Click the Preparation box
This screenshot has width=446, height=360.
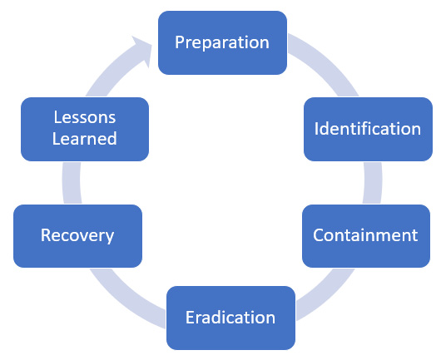222,43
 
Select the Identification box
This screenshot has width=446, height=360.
368,129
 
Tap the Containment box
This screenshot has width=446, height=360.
366,236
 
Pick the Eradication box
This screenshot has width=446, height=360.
230,318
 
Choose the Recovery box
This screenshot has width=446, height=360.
77,236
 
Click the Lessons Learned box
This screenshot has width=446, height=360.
85,129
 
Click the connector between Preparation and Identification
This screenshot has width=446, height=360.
327,62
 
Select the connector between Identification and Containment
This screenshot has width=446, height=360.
373,183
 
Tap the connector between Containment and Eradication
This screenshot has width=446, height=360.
327,295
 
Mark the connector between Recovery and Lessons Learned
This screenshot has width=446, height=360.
72,183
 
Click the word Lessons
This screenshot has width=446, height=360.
85,117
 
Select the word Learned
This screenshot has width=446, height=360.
85,138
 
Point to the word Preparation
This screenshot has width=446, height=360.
222,42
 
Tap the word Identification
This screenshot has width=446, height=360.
368,129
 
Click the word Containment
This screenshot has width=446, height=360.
365,235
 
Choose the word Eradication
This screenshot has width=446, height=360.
230,317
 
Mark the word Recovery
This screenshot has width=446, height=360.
77,236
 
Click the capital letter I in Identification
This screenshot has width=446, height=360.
316,129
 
